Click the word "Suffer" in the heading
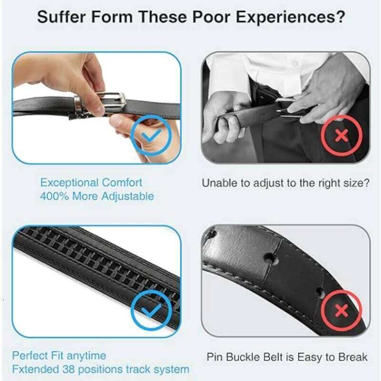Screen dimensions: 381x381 (61, 17)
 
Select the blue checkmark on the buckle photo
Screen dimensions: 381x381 (150, 135)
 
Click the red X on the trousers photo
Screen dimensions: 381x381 (341, 136)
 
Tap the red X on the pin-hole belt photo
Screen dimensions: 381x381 (341, 312)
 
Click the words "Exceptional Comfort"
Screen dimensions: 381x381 (91, 182)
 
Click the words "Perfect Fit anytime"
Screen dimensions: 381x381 (59, 356)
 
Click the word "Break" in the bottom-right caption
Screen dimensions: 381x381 (352, 357)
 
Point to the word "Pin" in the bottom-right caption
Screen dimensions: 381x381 (213, 357)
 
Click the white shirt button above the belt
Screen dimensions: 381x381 (295, 63)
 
